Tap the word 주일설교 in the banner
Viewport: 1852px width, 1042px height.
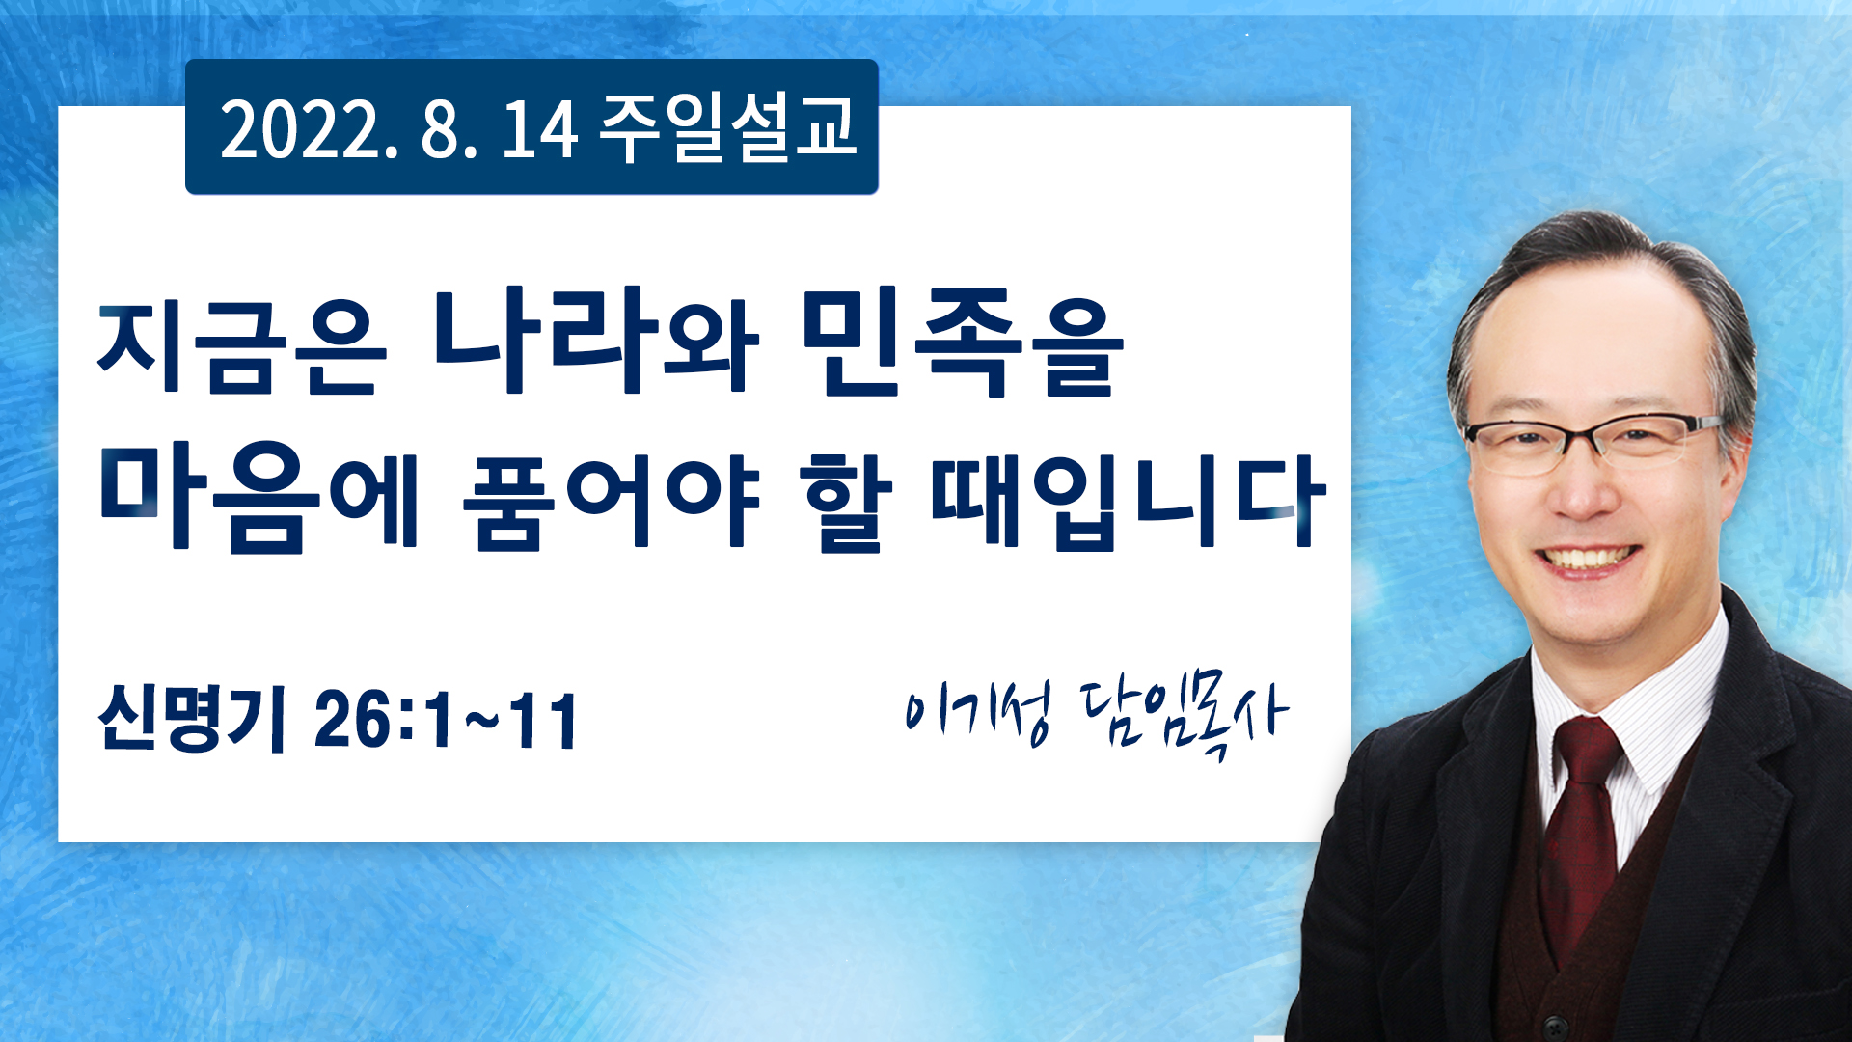(x=727, y=127)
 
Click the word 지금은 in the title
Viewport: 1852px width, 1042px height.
(x=241, y=347)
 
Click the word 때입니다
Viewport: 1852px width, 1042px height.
(x=1128, y=502)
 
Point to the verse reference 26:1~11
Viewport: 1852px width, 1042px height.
(x=446, y=720)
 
